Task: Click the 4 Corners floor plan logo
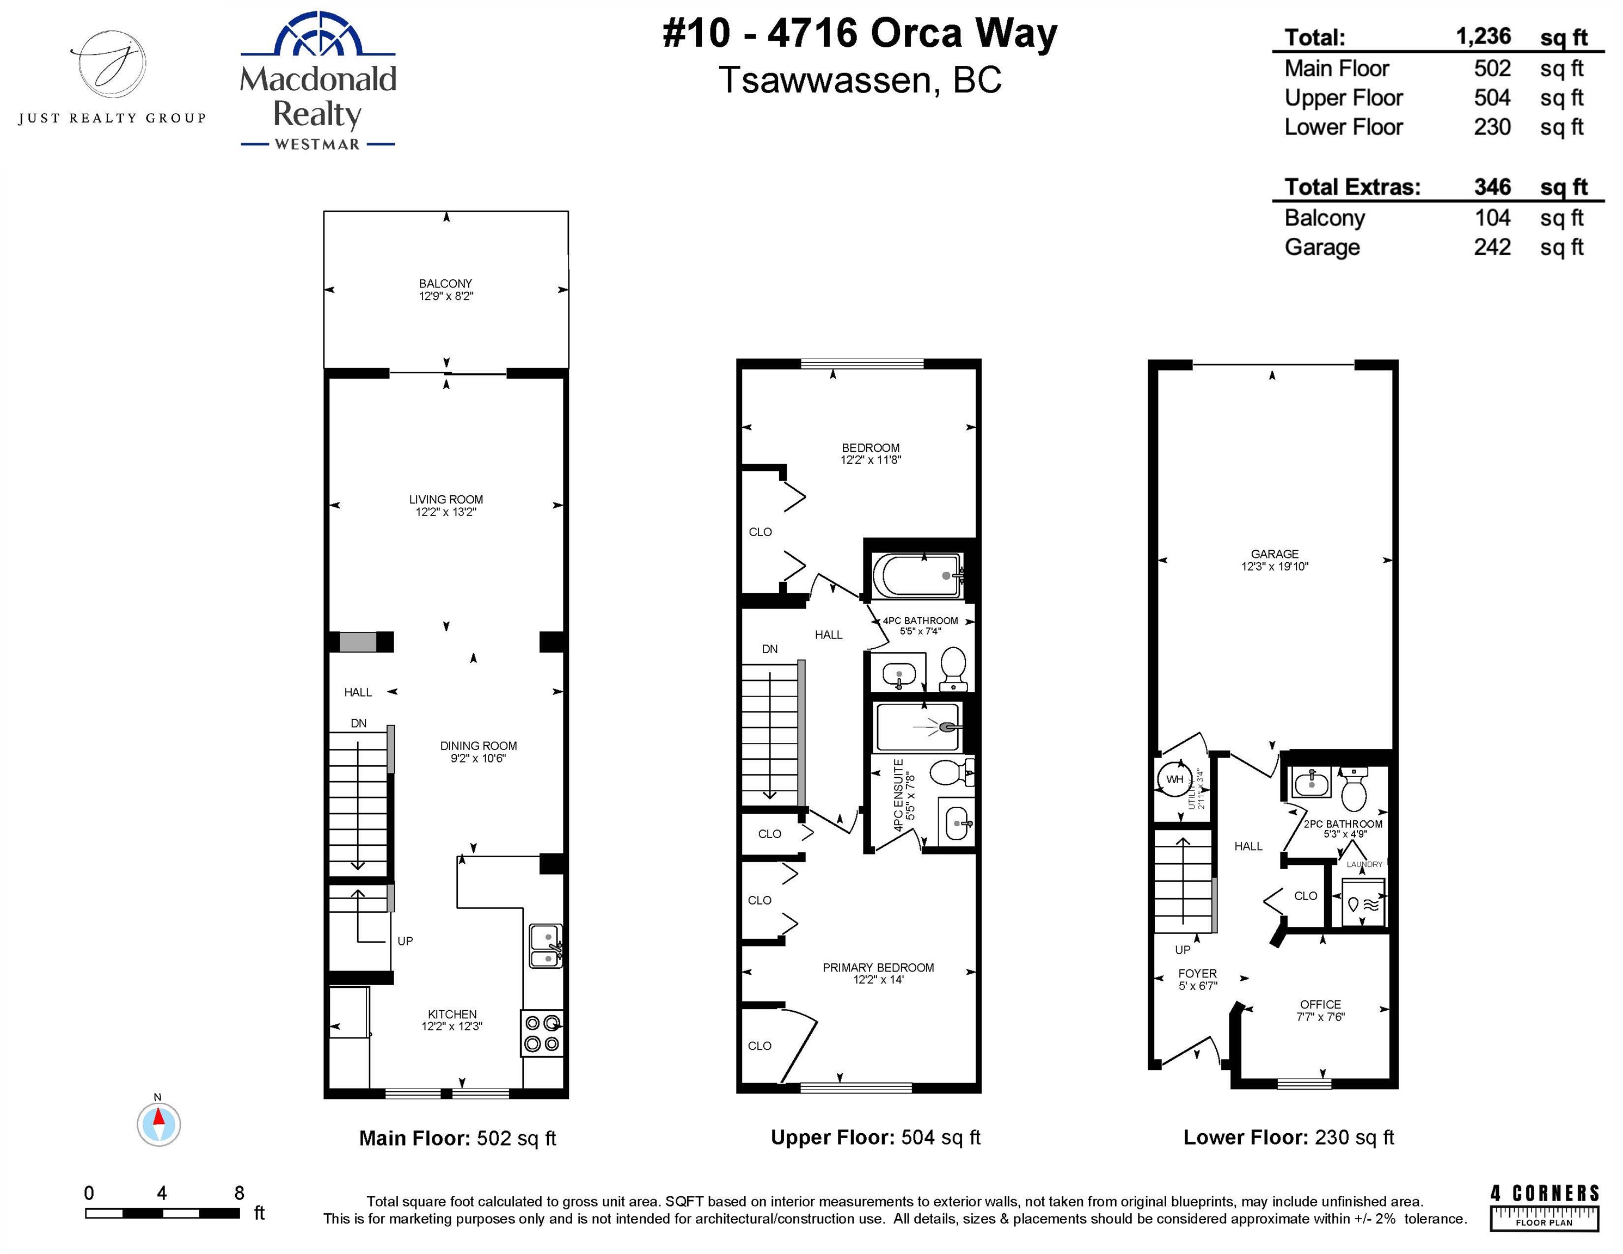tap(1544, 1207)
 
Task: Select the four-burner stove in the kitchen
tap(542, 1032)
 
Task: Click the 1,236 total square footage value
tap(1483, 36)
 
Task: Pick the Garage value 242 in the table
tap(1492, 247)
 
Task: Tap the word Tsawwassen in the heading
tap(825, 80)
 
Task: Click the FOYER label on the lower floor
tap(1197, 973)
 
